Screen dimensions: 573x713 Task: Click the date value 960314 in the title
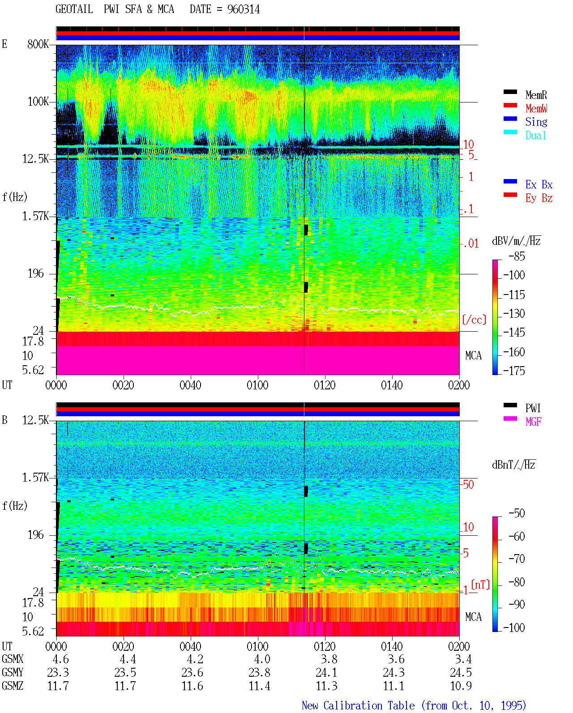point(243,9)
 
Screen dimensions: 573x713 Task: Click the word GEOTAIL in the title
point(74,9)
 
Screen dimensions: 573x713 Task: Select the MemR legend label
point(536,95)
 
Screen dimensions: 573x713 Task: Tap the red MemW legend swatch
point(510,105)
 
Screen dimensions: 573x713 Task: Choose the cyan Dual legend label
point(535,136)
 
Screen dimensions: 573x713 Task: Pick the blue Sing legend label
point(536,122)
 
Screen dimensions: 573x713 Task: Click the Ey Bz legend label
point(539,198)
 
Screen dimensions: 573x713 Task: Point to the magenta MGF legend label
point(533,422)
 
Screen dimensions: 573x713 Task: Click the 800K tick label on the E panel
point(38,44)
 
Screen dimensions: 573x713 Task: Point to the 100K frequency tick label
point(38,102)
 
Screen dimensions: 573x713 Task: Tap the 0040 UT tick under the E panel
point(190,385)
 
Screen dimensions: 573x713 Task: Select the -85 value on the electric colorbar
point(517,256)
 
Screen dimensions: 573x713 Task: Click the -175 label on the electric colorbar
point(514,371)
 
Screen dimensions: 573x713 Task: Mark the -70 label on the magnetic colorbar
point(517,559)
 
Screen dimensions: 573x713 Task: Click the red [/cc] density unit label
point(474,320)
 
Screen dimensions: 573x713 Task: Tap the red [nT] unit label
point(480,585)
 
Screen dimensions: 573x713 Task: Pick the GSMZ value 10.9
point(461,686)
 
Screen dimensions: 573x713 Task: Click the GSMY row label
point(13,673)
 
